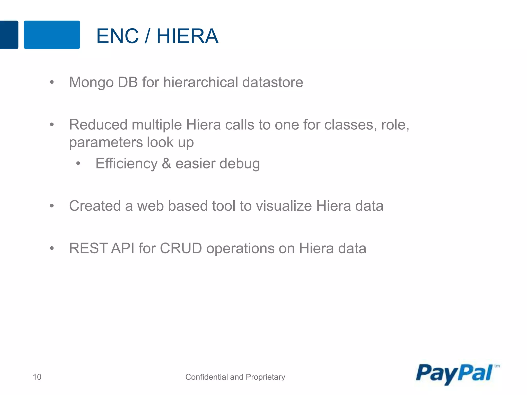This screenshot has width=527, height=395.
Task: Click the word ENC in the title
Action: pyautogui.click(x=117, y=36)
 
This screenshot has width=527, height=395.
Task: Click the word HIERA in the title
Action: pyautogui.click(x=187, y=36)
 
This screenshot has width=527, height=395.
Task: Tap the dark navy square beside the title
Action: pyautogui.click(x=9, y=35)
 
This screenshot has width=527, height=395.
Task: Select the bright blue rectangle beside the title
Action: pyautogui.click(x=52, y=35)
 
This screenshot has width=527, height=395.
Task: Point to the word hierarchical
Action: pyautogui.click(x=201, y=82)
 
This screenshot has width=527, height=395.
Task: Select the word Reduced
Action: pyautogui.click(x=98, y=125)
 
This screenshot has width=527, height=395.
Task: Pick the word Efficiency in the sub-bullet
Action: pyautogui.click(x=126, y=164)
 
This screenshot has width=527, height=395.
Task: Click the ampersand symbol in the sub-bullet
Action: pyautogui.click(x=166, y=164)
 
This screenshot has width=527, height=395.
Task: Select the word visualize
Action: pyautogui.click(x=284, y=206)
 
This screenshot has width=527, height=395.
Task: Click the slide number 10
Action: pyautogui.click(x=37, y=377)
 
